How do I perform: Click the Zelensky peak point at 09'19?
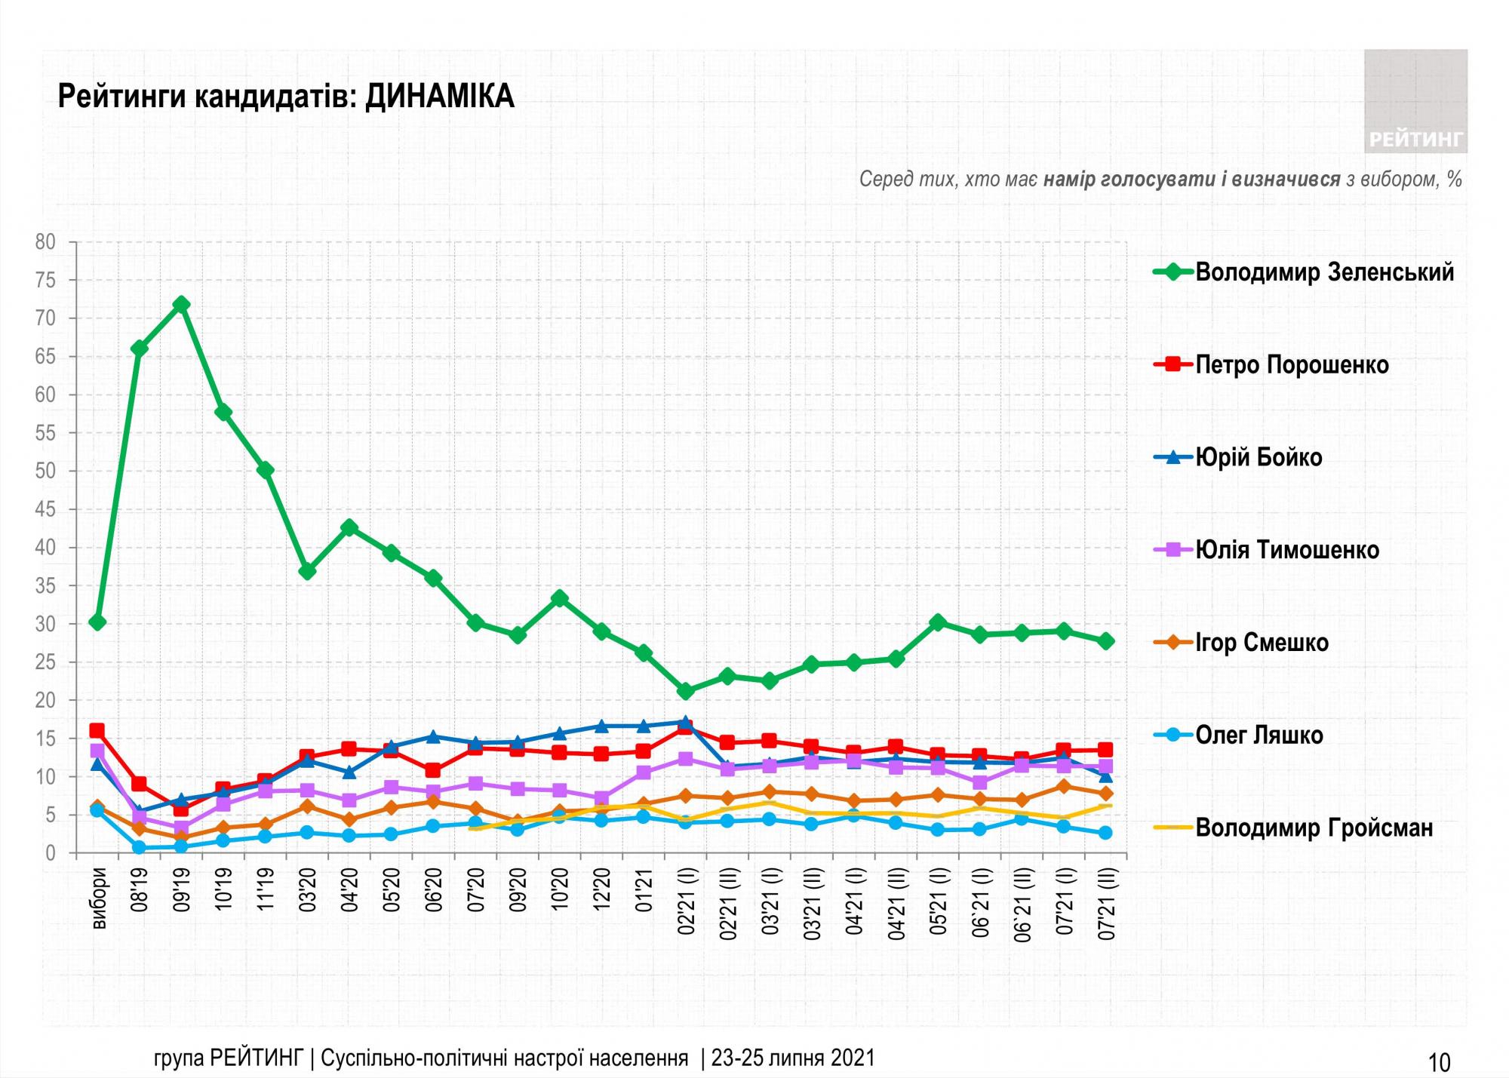pyautogui.click(x=181, y=305)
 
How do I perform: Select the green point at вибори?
pyautogui.click(x=97, y=622)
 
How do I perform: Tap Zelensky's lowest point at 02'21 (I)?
pyautogui.click(x=686, y=691)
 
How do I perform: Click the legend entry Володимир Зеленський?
pyautogui.click(x=1324, y=272)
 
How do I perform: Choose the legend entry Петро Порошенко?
pyautogui.click(x=1292, y=365)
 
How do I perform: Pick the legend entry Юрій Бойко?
pyautogui.click(x=1259, y=457)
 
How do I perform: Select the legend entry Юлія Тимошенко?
pyautogui.click(x=1287, y=550)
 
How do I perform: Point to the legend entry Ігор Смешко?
pyautogui.click(x=1262, y=643)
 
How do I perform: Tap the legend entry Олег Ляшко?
pyautogui.click(x=1259, y=735)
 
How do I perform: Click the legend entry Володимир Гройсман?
pyautogui.click(x=1314, y=828)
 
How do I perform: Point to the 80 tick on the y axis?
pyautogui.click(x=45, y=242)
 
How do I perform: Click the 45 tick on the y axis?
pyautogui.click(x=45, y=510)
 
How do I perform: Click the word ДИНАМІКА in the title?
pyautogui.click(x=439, y=97)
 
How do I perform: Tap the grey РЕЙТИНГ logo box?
pyautogui.click(x=1415, y=101)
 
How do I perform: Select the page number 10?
pyautogui.click(x=1440, y=1062)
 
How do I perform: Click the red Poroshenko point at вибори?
pyautogui.click(x=97, y=730)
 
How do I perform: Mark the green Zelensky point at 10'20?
pyautogui.click(x=560, y=598)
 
